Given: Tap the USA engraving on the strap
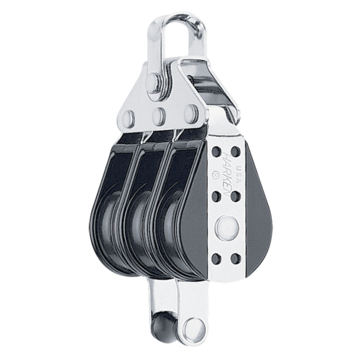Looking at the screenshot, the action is coord(238,174).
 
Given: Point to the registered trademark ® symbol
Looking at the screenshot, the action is coord(215,178).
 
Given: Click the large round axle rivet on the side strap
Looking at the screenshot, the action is coord(227,227).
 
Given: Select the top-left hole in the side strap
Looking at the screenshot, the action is coord(216,151).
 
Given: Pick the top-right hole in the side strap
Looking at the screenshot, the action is coord(235,152).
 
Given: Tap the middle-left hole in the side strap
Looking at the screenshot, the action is coord(216,196).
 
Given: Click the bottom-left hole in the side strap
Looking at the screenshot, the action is coord(216,259).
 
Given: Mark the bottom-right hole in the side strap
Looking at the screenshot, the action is coord(236,259).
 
